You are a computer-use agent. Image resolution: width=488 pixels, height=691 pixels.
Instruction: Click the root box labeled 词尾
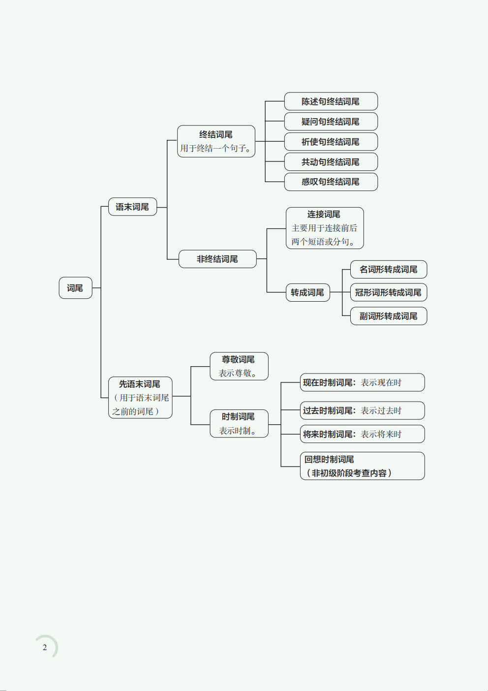[75, 288]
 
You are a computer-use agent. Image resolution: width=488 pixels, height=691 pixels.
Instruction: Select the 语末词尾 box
[132, 207]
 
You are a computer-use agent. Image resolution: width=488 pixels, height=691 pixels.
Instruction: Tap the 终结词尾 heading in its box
[216, 134]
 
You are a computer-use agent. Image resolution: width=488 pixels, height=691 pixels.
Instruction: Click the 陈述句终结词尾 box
[331, 101]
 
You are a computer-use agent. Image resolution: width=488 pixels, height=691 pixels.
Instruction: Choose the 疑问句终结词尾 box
[331, 122]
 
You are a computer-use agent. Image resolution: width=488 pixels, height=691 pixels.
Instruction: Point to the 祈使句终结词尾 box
[331, 142]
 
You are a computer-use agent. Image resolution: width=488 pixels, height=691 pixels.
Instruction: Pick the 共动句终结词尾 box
[331, 162]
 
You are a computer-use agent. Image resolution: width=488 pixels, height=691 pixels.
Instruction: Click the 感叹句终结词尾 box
[331, 182]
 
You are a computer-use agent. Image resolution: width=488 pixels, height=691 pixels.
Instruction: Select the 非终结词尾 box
[217, 259]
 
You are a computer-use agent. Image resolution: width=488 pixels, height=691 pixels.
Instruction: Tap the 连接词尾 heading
[324, 214]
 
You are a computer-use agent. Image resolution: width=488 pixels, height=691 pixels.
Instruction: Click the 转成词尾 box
[307, 292]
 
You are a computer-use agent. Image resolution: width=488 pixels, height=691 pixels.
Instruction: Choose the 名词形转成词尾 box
[388, 269]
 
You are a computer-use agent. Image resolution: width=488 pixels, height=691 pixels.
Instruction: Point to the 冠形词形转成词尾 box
[388, 292]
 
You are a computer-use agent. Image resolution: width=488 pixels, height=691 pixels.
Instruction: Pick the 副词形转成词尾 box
[388, 316]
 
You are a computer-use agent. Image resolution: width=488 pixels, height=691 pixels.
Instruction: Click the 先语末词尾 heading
[140, 384]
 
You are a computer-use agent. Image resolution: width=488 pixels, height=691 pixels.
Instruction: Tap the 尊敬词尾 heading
[238, 359]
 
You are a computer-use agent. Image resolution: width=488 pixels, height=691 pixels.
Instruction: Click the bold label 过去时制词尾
[328, 410]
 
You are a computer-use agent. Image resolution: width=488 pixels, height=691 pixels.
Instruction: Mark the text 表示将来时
[381, 434]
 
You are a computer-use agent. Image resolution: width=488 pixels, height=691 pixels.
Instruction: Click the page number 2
[45, 647]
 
